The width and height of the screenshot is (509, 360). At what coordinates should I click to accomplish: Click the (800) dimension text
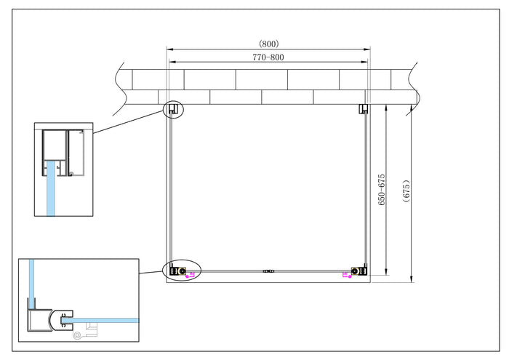click(x=268, y=44)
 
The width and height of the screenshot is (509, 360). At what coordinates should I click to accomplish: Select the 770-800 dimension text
click(x=268, y=57)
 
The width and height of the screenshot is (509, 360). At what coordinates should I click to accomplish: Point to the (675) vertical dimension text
click(x=406, y=193)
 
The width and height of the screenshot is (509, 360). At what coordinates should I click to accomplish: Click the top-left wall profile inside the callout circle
click(x=174, y=110)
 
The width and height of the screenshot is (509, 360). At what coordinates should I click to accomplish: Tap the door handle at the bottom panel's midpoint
click(x=268, y=272)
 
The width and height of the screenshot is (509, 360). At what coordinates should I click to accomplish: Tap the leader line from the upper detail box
click(x=127, y=122)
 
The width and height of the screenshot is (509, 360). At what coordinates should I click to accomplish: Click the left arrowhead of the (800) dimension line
click(x=170, y=49)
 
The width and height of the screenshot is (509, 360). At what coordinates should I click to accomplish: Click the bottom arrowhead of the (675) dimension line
click(x=412, y=279)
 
